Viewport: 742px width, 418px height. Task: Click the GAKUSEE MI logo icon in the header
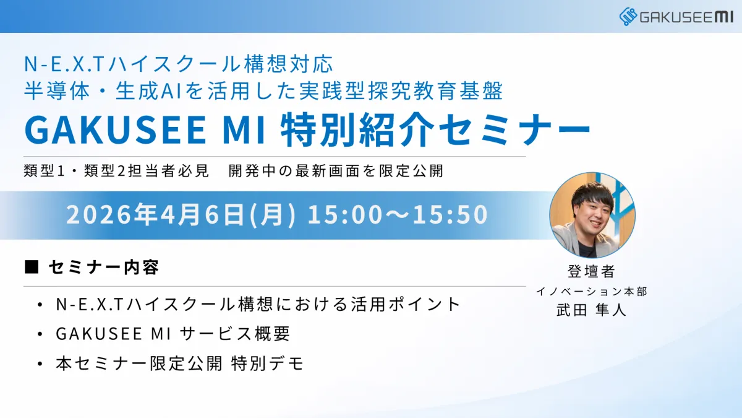[628, 17]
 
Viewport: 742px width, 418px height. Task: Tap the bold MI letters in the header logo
[724, 17]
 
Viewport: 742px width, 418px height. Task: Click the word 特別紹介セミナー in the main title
[435, 129]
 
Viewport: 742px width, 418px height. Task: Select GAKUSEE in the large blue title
[115, 129]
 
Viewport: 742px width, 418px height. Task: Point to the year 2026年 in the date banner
[112, 214]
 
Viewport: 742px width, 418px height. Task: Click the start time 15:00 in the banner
[345, 214]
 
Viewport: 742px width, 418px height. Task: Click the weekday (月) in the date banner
[272, 215]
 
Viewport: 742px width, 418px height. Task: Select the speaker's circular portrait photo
[592, 215]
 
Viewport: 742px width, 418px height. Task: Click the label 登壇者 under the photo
[592, 271]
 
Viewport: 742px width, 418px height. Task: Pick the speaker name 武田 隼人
[592, 310]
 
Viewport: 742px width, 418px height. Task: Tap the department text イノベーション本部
[592, 291]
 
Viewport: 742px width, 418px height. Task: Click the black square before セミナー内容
[32, 267]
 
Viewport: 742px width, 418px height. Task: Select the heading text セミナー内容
[104, 268]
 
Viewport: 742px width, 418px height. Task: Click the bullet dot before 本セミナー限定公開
[40, 364]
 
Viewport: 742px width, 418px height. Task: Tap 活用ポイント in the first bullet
[406, 304]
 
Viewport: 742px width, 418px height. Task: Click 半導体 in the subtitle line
[57, 91]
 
